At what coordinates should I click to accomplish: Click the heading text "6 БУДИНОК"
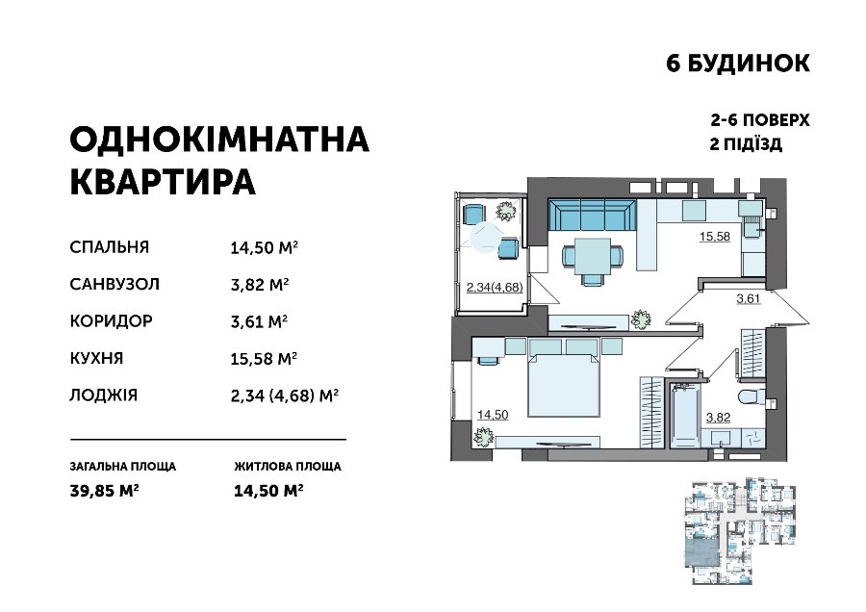click(x=738, y=64)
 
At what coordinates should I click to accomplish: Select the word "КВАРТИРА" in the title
click(x=163, y=182)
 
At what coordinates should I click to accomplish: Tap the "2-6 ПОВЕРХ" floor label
click(x=760, y=120)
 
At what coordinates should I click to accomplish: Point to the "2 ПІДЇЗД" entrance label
click(x=746, y=144)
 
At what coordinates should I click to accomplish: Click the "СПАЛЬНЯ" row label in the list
click(x=110, y=247)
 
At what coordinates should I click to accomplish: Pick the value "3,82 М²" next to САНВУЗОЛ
click(x=260, y=285)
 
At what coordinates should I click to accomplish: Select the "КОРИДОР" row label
click(x=111, y=320)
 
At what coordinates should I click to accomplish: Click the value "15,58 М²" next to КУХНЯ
click(x=264, y=359)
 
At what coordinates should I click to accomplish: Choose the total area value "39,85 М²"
click(x=104, y=491)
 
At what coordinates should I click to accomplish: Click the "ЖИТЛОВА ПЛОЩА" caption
click(x=287, y=466)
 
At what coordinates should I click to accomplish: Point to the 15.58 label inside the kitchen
click(x=715, y=237)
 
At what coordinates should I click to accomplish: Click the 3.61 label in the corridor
click(x=749, y=299)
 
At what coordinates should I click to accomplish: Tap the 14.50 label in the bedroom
click(x=493, y=415)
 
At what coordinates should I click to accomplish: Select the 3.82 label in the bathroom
click(x=718, y=418)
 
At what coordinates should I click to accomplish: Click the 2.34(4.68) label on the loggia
click(x=495, y=287)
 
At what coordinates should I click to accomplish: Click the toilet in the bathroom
click(x=752, y=397)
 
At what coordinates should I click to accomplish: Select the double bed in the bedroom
click(x=563, y=386)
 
